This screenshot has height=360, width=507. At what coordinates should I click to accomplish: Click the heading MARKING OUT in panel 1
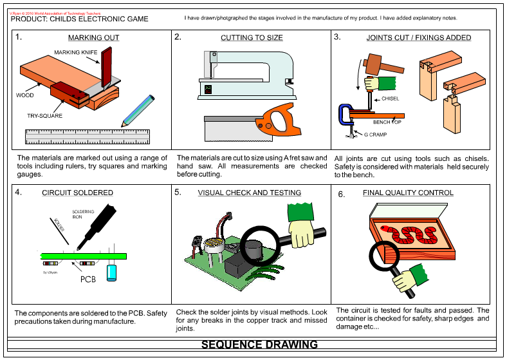click(94, 38)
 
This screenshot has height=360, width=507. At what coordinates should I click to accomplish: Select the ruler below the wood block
click(88, 137)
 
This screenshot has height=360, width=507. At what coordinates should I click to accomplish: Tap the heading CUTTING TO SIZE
click(252, 38)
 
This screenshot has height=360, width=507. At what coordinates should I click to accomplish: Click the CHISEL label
click(391, 99)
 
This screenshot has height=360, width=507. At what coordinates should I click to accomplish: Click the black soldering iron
click(97, 222)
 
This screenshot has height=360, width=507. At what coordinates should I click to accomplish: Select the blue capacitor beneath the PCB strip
click(113, 270)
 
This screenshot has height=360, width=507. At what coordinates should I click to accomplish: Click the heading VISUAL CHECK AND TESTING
click(250, 193)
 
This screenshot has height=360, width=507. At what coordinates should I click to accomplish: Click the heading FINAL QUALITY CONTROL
click(408, 193)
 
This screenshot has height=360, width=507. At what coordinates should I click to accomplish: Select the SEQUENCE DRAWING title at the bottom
click(259, 345)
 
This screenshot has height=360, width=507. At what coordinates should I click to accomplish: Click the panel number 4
click(18, 192)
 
